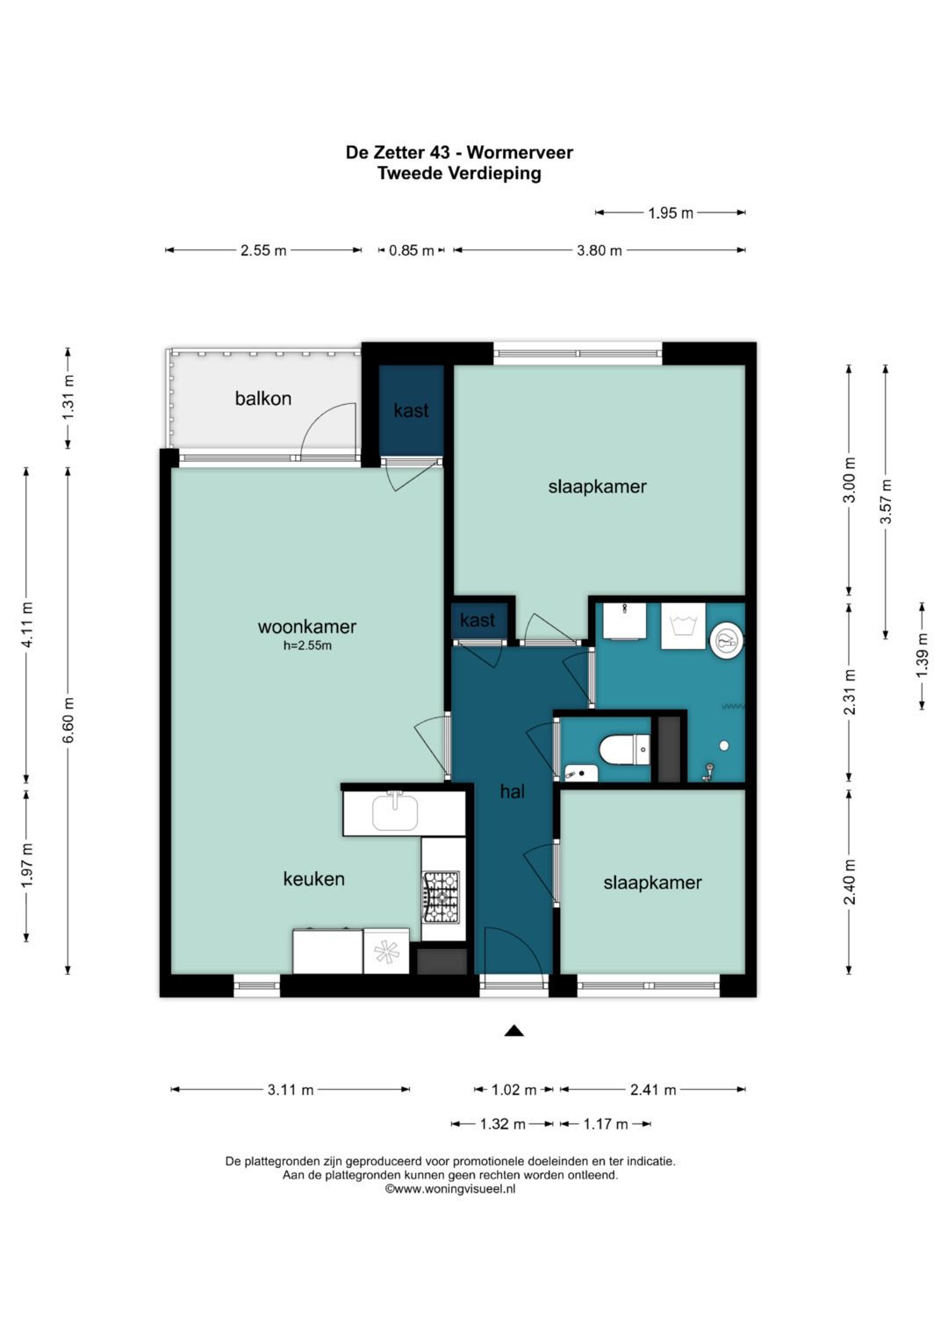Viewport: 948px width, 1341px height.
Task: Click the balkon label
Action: (x=262, y=398)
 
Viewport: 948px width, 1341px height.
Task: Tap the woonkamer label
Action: (x=307, y=626)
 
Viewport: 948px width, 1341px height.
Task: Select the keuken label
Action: (x=313, y=879)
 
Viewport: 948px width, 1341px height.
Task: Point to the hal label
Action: (x=513, y=791)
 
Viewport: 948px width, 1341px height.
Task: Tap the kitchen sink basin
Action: (x=395, y=813)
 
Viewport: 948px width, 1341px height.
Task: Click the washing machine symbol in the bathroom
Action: (x=683, y=625)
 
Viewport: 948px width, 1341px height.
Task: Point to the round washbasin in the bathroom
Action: (x=727, y=640)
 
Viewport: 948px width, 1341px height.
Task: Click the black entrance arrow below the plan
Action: (x=514, y=1031)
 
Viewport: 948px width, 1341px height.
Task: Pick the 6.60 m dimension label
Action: (x=68, y=720)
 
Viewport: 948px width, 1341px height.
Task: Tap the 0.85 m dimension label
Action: (x=411, y=250)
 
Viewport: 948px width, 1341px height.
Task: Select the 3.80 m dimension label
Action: (x=599, y=250)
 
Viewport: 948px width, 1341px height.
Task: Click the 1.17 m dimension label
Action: (x=606, y=1124)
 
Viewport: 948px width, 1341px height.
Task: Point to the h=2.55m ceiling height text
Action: (x=307, y=645)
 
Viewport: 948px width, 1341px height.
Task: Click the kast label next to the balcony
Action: (x=411, y=410)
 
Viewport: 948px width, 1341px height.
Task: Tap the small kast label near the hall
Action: (x=477, y=620)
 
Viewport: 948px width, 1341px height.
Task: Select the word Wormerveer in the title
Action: (x=520, y=153)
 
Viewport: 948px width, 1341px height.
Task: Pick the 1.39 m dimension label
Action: (x=923, y=655)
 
